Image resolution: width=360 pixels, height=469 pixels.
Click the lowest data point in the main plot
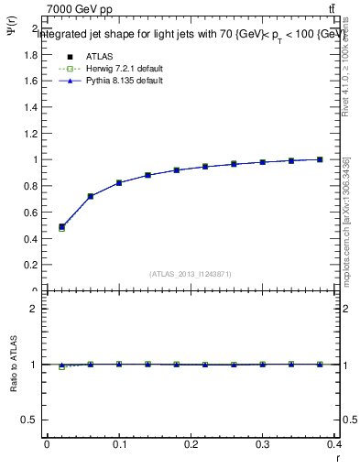coord(61,227)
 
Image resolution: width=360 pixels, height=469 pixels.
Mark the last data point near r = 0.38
coord(320,159)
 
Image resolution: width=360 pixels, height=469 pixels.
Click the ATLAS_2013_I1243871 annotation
coord(190,274)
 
